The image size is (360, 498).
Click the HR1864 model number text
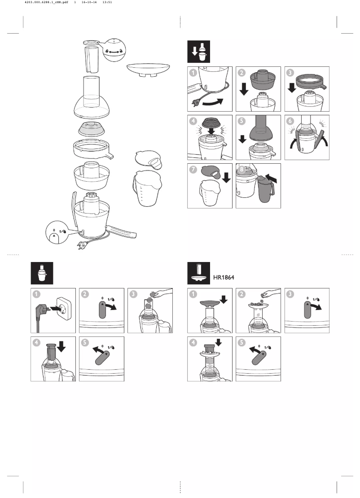(x=224, y=277)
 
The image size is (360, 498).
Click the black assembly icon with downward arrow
(x=198, y=52)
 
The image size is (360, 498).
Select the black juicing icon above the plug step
(x=42, y=273)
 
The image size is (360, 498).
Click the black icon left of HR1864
(x=198, y=273)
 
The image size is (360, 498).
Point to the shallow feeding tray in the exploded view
(x=148, y=69)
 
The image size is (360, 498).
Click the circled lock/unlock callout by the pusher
(x=115, y=50)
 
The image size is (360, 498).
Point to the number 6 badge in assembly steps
(x=290, y=121)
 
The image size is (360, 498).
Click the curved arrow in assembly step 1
(x=214, y=102)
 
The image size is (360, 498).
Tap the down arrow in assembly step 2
(x=244, y=89)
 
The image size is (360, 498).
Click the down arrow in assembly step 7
(x=226, y=177)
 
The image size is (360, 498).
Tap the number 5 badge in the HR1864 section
(x=242, y=343)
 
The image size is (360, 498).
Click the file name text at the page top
(x=46, y=2)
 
